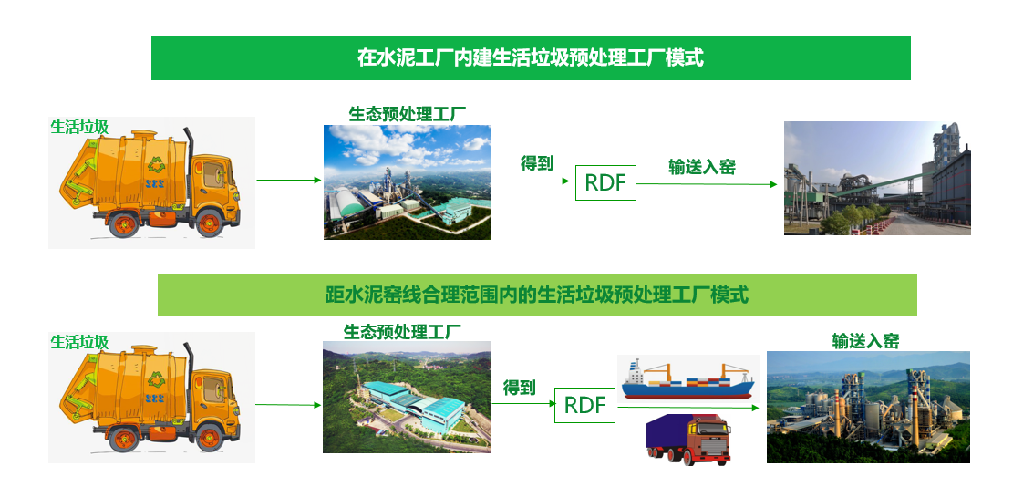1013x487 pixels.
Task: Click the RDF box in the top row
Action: click(605, 182)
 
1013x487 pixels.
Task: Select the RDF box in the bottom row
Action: click(584, 405)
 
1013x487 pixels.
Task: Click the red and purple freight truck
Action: click(688, 440)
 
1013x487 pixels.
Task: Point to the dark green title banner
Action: click(531, 58)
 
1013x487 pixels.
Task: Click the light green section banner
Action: click(537, 295)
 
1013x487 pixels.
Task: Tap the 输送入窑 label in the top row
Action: click(701, 167)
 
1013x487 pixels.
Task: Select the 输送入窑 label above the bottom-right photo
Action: click(865, 340)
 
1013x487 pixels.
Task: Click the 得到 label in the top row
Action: click(537, 163)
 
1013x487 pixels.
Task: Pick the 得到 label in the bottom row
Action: click(520, 388)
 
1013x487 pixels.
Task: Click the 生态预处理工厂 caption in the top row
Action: click(407, 114)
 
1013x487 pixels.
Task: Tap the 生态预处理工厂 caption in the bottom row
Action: click(402, 332)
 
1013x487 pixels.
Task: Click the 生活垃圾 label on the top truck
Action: click(79, 127)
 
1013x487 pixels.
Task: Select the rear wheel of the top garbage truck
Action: click(123, 223)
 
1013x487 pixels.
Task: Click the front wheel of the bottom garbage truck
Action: click(211, 439)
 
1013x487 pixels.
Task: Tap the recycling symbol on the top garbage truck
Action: click(156, 165)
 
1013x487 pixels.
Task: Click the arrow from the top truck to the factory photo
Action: click(289, 181)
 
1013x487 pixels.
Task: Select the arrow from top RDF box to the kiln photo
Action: click(707, 184)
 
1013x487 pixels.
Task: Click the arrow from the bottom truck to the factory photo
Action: click(288, 405)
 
